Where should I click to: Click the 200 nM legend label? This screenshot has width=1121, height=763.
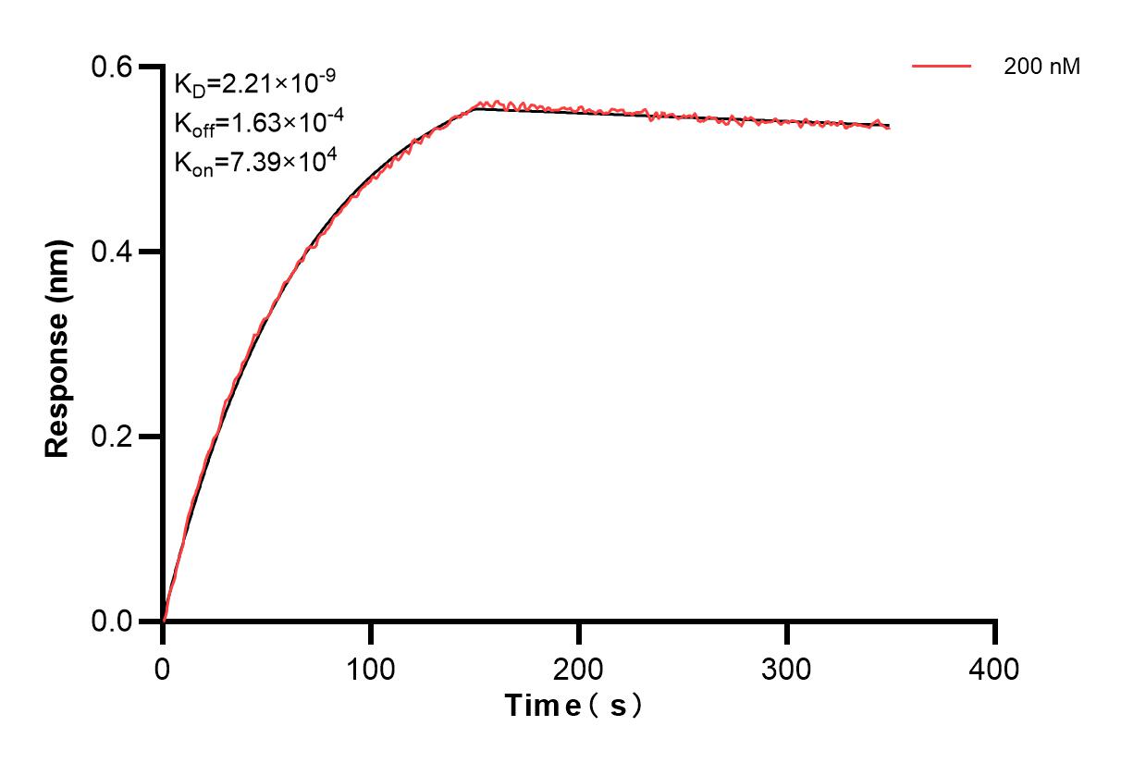coord(1042,67)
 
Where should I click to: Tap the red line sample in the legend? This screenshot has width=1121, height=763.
coord(942,67)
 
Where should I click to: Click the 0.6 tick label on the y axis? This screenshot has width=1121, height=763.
coord(112,67)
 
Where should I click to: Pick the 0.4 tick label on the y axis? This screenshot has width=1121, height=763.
coord(112,252)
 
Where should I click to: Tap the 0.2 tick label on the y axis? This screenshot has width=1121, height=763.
coord(112,437)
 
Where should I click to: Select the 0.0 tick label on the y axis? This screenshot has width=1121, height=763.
coord(112,621)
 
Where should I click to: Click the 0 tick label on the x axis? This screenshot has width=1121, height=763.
coord(163,669)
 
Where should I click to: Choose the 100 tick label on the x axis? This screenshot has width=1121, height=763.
coord(371,669)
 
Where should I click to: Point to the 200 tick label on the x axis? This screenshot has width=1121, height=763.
coord(579,669)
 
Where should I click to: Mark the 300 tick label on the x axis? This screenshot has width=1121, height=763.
coord(787,669)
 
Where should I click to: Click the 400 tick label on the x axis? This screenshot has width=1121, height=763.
coord(995,669)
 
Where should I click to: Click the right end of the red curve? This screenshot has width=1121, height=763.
coord(890,128)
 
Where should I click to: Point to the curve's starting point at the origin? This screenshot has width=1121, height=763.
coord(164,621)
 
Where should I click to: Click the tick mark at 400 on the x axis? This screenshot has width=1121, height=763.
coord(995,633)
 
